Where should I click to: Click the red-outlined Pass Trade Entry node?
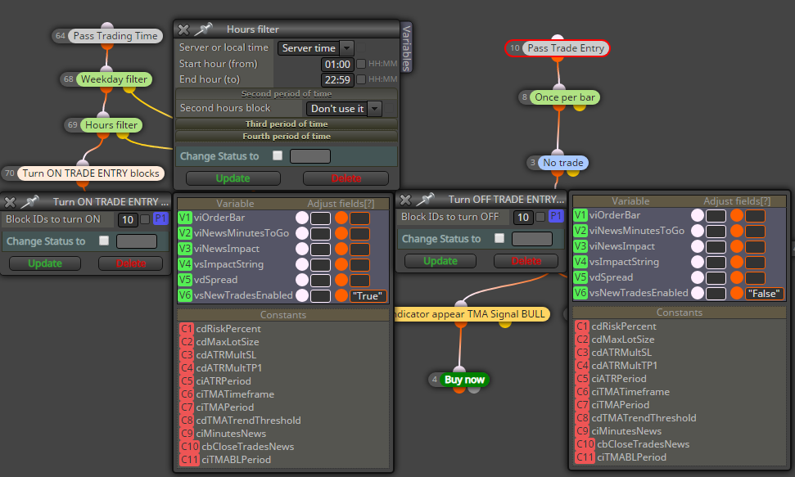click(558, 48)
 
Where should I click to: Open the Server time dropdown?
click(315, 48)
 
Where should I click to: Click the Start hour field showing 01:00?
click(337, 65)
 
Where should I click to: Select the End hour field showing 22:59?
click(337, 80)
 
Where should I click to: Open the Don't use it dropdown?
click(344, 109)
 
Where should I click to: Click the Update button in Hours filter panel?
click(233, 178)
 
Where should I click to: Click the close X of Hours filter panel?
click(183, 30)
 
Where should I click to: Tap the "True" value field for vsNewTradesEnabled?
click(368, 296)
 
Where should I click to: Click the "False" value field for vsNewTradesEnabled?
click(764, 294)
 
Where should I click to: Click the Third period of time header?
click(287, 124)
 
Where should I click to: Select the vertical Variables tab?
click(406, 47)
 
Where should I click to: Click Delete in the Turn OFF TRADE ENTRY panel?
click(526, 261)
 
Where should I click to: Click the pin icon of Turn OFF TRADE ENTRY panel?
click(425, 199)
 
